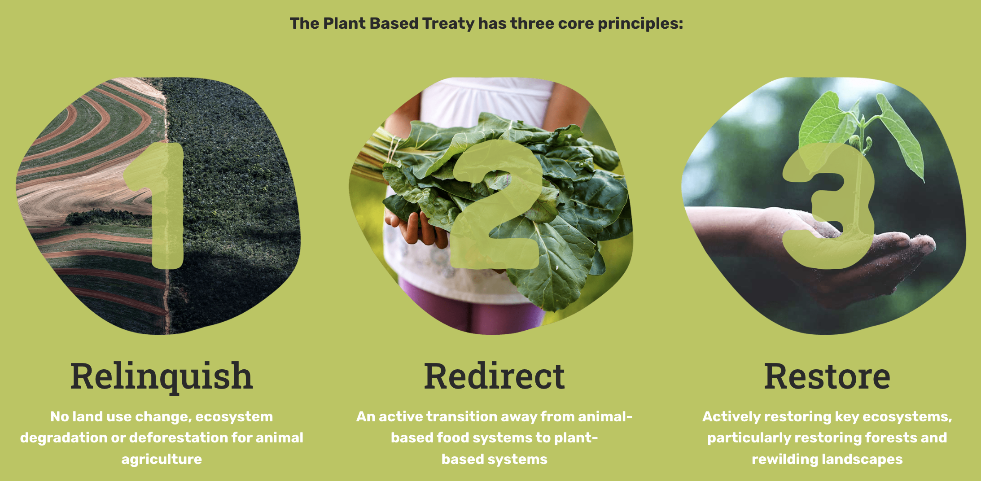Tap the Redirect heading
(494, 376)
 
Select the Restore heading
(827, 376)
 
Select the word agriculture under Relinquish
(162, 459)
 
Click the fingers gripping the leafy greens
(415, 229)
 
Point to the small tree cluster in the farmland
(105, 218)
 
